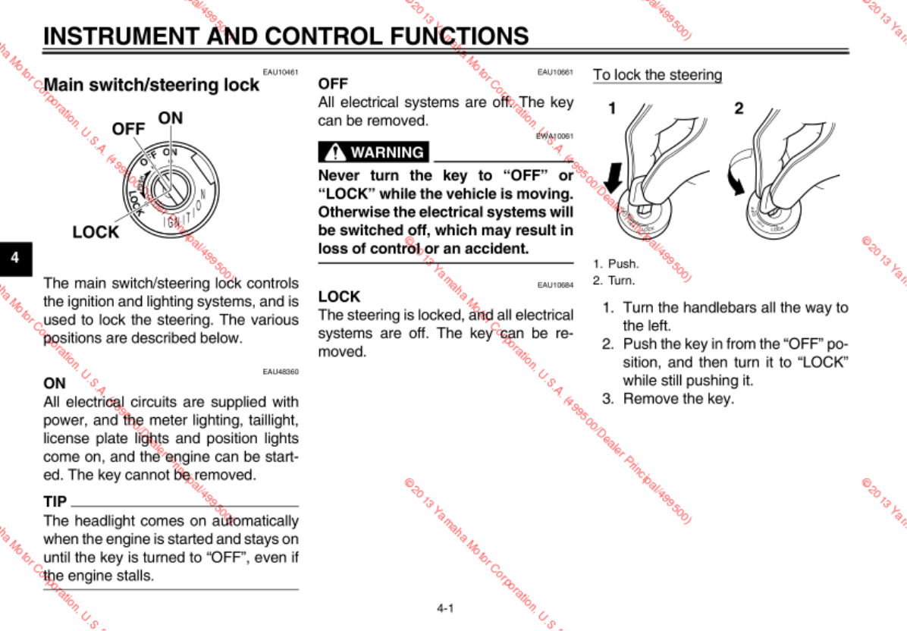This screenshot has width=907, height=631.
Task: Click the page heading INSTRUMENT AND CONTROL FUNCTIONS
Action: coord(286,36)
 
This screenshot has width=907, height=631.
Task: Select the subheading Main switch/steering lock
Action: coord(151,85)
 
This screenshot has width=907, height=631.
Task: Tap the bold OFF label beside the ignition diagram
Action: coord(128,129)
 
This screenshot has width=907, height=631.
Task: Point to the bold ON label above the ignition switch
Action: coord(171,118)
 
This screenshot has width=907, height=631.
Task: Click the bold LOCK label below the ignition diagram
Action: coord(96,232)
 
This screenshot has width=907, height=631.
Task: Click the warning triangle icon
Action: coord(334,152)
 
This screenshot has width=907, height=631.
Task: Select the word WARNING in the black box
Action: coord(387,152)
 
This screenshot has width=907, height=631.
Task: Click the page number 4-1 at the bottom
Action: coord(445,607)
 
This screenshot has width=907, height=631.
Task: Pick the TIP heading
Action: coord(55,501)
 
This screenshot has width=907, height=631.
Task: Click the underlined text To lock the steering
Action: coord(657,75)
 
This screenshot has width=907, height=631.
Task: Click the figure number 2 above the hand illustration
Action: coord(739,108)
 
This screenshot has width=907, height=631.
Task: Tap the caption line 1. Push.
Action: coord(616,264)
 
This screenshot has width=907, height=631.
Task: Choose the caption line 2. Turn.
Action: coord(614,281)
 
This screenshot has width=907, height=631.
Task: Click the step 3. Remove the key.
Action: coord(668,399)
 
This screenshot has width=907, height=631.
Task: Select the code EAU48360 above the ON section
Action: coord(281,372)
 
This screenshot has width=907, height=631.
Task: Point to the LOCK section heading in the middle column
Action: coord(339,297)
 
